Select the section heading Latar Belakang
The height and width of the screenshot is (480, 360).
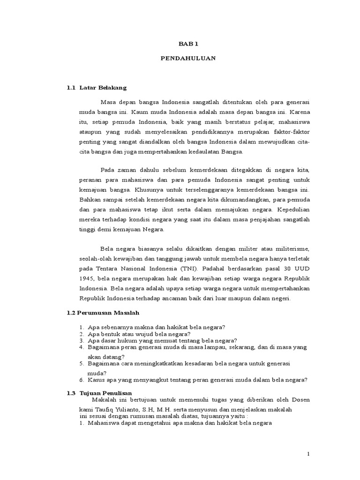coord(103,88)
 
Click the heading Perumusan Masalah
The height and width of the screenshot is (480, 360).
coord(110,312)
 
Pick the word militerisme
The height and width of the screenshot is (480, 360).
coord(292,248)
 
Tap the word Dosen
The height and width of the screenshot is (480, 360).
coord(300,399)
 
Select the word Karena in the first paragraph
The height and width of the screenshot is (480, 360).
coord(300,112)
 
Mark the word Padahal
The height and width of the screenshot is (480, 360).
coord(215,269)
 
